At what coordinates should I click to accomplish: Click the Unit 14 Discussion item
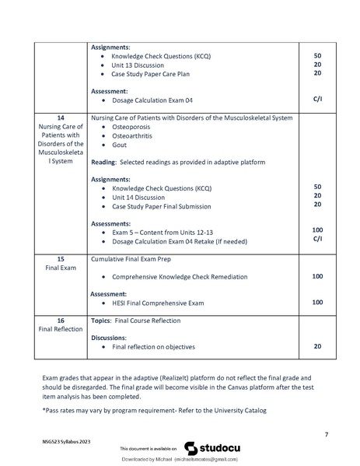pyautogui.click(x=138, y=197)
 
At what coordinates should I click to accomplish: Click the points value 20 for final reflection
pyautogui.click(x=316, y=347)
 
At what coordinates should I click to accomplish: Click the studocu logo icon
pyautogui.click(x=190, y=448)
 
